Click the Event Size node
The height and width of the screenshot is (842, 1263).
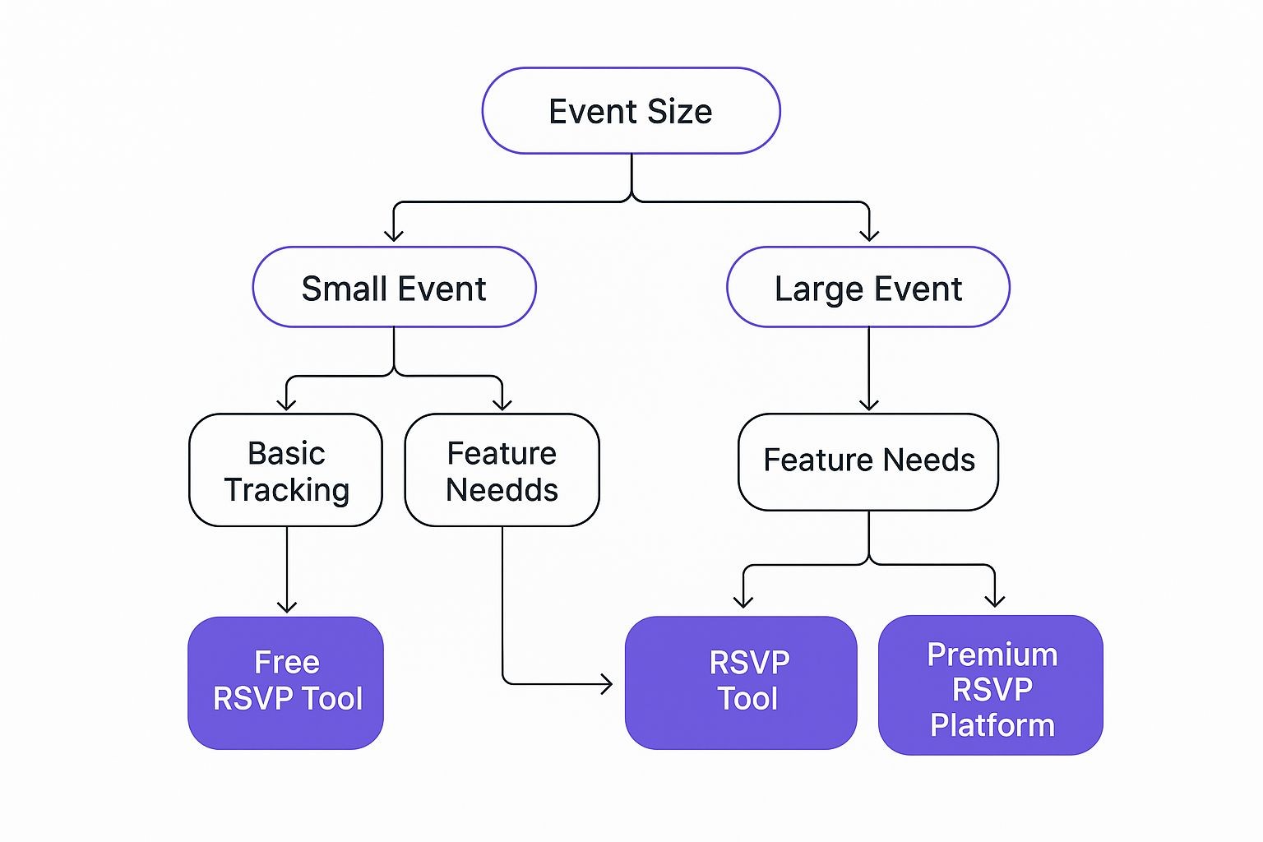(x=631, y=111)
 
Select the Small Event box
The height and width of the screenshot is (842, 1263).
(x=394, y=288)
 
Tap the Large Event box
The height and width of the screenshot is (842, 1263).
(x=868, y=288)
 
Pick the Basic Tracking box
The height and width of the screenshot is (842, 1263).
(x=286, y=470)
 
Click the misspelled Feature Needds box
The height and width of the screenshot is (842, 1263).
(x=502, y=470)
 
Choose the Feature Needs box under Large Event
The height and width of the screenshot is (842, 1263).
(x=868, y=461)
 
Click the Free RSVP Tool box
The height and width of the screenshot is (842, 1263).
(x=286, y=682)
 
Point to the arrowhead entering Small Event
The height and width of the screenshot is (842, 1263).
(x=394, y=236)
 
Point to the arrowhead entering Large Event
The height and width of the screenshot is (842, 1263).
(x=869, y=236)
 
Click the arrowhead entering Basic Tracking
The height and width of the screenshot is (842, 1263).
(x=286, y=404)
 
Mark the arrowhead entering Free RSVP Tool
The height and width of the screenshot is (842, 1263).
(x=287, y=607)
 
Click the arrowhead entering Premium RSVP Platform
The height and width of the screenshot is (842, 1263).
(x=995, y=601)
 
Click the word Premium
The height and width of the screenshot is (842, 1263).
(x=992, y=655)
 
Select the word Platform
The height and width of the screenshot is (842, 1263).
(x=992, y=725)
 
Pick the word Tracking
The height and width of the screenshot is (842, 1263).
(x=287, y=490)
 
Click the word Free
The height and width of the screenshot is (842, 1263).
(x=287, y=662)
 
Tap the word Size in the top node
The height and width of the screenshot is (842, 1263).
(x=679, y=112)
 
